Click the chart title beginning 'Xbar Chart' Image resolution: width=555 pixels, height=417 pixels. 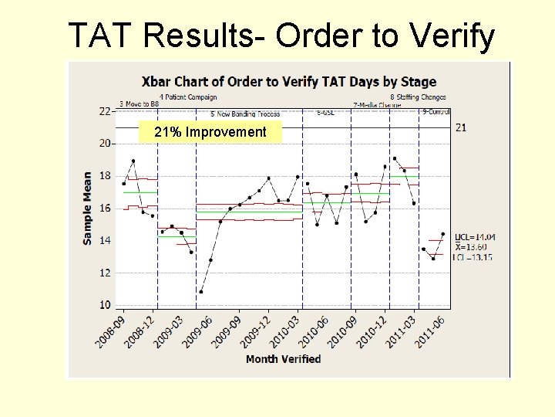[288, 81]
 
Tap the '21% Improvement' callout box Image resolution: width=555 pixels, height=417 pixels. [210, 132]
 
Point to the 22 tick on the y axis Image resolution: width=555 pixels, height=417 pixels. [103, 111]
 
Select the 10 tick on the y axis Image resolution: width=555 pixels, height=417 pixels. [103, 305]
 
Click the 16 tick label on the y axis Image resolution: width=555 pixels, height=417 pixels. [103, 208]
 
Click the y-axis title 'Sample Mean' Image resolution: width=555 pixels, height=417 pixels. [88, 208]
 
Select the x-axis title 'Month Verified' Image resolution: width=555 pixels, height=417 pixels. [283, 359]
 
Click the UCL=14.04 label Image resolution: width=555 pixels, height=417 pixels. [475, 236]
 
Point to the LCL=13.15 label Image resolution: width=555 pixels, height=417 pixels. [473, 256]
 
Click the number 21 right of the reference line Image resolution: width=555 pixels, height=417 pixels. [460, 127]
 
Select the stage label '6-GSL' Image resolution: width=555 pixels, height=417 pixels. [327, 112]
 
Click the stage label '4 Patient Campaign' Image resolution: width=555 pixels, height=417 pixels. [188, 97]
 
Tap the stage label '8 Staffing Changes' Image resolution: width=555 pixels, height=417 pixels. [418, 97]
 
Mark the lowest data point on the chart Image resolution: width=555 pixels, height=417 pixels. [201, 292]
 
